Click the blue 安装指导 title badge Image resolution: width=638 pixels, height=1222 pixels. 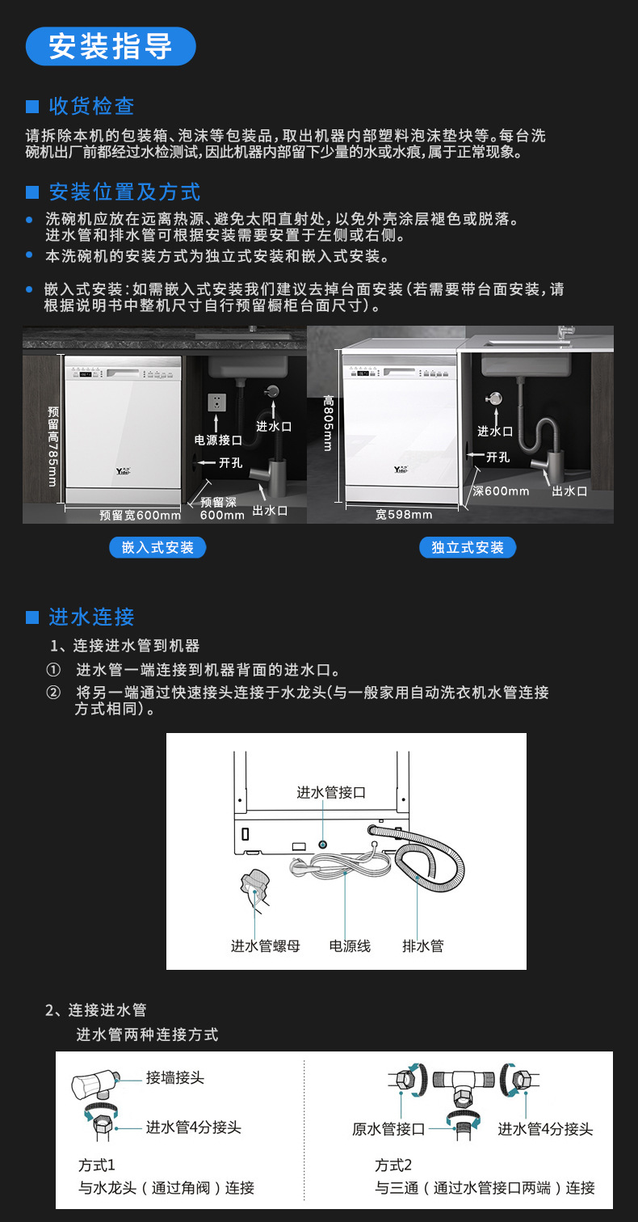111,46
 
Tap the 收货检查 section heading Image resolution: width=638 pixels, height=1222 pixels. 91,106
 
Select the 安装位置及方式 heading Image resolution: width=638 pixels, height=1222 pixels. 124,192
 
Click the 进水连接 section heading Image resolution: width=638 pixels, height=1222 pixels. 91,617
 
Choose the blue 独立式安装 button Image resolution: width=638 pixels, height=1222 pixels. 468,547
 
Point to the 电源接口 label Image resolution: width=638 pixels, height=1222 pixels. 218,440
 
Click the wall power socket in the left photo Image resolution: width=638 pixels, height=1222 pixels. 216,402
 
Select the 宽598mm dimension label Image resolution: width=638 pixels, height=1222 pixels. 404,515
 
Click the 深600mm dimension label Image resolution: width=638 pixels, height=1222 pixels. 501,491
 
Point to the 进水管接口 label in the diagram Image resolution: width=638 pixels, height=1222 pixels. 331,793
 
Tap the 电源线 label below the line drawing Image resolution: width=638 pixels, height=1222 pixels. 350,946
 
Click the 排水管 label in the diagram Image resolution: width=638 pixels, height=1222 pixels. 423,946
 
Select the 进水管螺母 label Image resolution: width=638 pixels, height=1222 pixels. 266,946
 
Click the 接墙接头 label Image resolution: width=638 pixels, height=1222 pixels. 175,1078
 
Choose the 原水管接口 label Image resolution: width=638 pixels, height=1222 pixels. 388,1129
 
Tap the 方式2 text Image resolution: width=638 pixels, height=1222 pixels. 393,1165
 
